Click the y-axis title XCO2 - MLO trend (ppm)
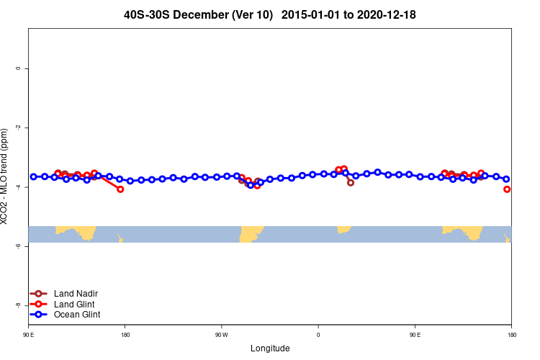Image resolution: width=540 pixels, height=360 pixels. (x=5, y=176)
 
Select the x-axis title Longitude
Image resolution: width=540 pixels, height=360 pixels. (x=270, y=348)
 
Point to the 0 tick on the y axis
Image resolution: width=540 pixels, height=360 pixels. (x=18, y=68)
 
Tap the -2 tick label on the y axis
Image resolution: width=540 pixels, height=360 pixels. (x=18, y=127)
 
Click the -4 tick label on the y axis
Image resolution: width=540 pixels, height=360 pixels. (x=18, y=187)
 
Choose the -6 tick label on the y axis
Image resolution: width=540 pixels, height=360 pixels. (x=18, y=246)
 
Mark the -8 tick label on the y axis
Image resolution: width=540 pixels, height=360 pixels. (x=18, y=305)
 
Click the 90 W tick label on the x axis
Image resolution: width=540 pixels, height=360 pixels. (x=221, y=335)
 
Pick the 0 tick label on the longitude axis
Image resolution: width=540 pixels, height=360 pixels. (x=318, y=335)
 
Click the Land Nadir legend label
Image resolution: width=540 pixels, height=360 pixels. (x=76, y=294)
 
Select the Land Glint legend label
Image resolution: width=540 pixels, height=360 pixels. (x=75, y=304)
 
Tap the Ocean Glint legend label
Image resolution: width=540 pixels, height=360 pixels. (x=77, y=315)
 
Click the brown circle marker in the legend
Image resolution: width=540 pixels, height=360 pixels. (x=38, y=294)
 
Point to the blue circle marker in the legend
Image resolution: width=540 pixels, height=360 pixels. (x=38, y=315)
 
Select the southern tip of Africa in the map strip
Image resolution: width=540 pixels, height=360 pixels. (x=343, y=229)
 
